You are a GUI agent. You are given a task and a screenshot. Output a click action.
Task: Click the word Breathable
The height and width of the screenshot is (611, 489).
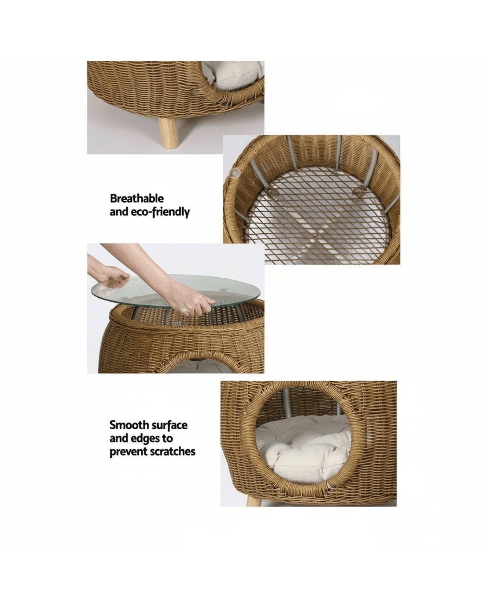coord(136,199)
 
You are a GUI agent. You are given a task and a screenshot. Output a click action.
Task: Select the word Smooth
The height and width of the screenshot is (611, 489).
coord(129,425)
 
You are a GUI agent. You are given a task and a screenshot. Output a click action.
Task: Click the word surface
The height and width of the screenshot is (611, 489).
coord(169,425)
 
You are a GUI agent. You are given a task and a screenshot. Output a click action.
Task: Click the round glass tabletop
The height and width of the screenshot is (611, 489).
coord(179,292)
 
